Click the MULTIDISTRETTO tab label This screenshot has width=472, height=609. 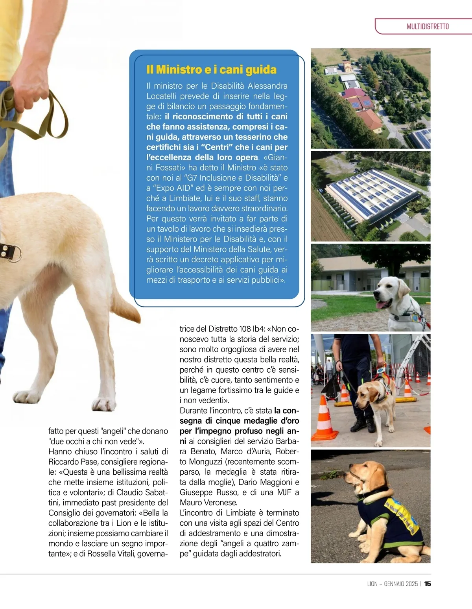coord(428,27)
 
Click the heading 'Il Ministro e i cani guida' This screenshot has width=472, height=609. coord(211,70)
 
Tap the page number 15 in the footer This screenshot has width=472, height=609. coord(428,584)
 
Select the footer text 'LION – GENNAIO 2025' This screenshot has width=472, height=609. coord(392,584)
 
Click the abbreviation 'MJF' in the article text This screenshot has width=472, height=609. coord(283,492)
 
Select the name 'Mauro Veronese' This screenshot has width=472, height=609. coord(208,503)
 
